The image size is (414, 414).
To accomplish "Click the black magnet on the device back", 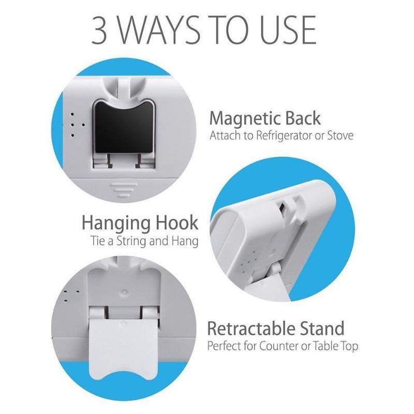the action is pyautogui.click(x=124, y=127).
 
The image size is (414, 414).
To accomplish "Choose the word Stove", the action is pyautogui.click(x=340, y=136).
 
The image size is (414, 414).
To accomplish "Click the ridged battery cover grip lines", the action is pyautogui.click(x=124, y=190).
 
